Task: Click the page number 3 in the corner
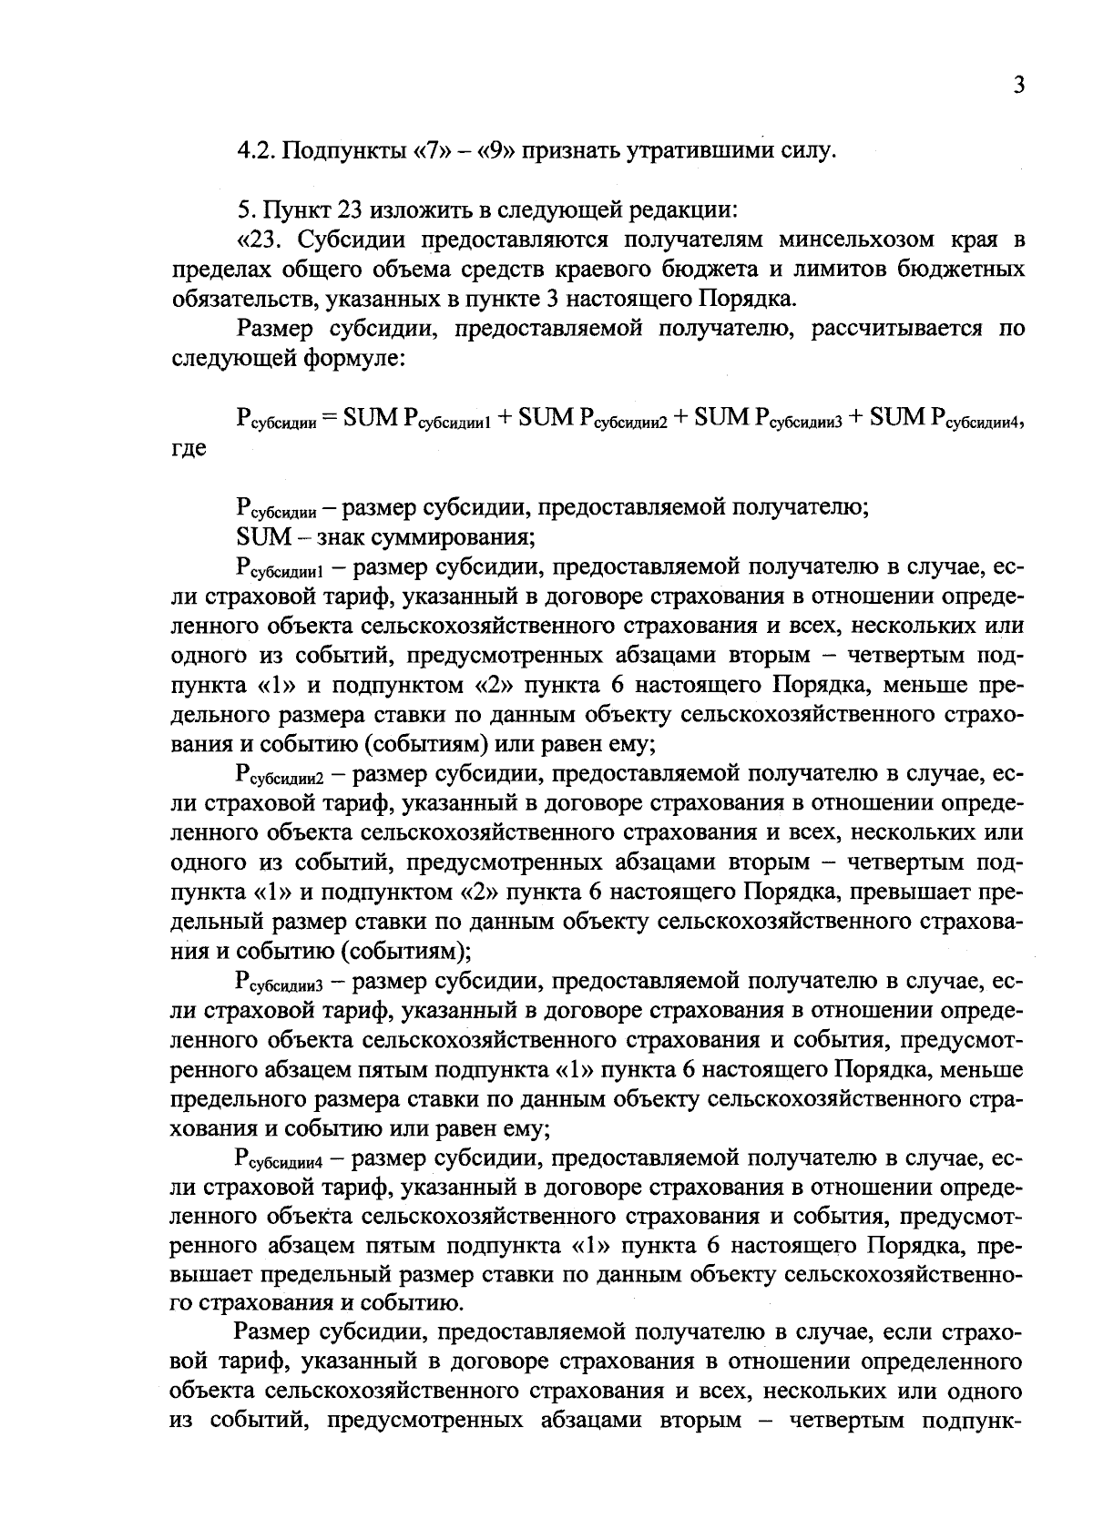pyautogui.click(x=1018, y=86)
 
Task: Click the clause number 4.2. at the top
pyautogui.click(x=256, y=150)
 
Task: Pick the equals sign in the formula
pyautogui.click(x=329, y=417)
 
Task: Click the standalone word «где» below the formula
pyautogui.click(x=189, y=448)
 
